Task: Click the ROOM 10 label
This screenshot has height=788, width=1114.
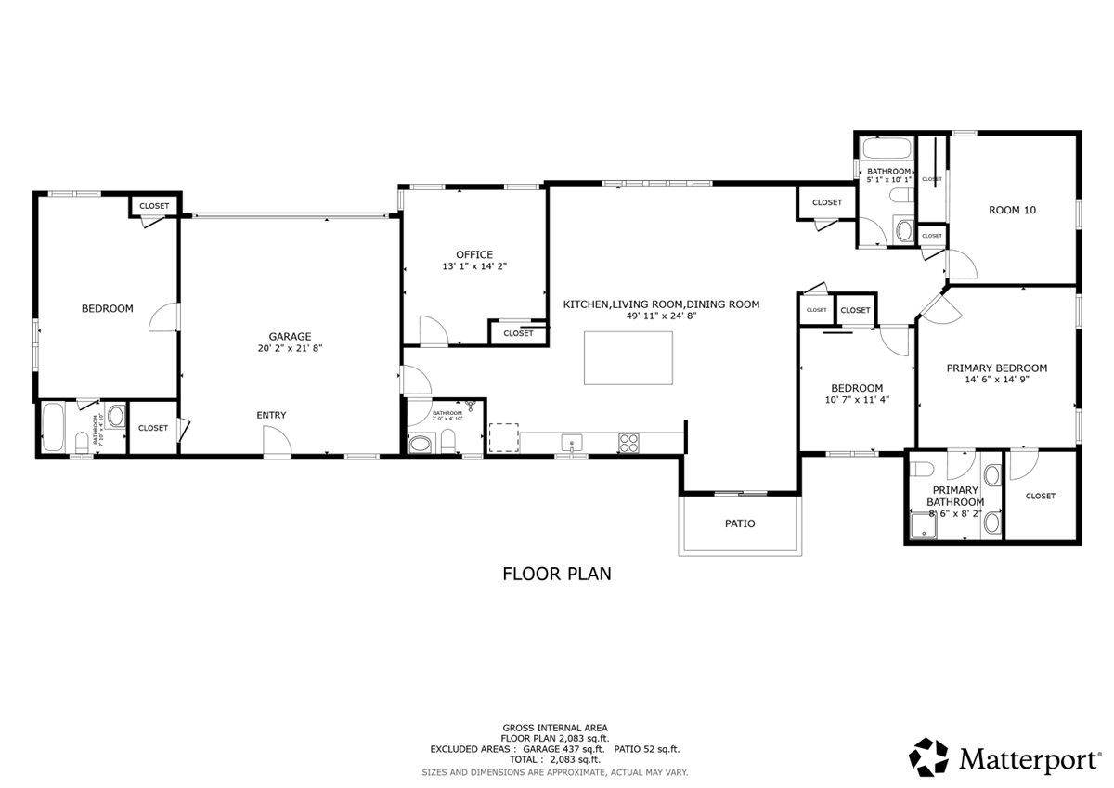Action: [x=1012, y=210]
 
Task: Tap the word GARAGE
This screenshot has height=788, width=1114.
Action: [x=290, y=337]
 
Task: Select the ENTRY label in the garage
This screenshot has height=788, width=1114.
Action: [x=271, y=415]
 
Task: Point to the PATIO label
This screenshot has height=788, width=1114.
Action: [x=740, y=523]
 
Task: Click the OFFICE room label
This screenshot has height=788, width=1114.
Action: [x=473, y=254]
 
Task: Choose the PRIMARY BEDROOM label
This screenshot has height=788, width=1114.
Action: [x=996, y=368]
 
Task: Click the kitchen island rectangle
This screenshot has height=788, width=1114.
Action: [x=628, y=356]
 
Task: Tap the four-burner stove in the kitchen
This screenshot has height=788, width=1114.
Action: [x=628, y=443]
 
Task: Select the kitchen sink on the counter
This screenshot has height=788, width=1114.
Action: [x=572, y=443]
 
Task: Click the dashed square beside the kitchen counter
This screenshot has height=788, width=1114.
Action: [x=502, y=437]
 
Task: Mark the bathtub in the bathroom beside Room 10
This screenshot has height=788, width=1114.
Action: [x=885, y=149]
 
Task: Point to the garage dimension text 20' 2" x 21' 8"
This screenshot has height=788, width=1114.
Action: [x=290, y=349]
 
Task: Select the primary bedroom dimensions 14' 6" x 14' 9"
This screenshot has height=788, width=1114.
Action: [x=996, y=380]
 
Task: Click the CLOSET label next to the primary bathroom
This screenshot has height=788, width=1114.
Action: [x=1040, y=496]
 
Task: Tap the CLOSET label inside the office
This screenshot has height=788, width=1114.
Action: [x=518, y=333]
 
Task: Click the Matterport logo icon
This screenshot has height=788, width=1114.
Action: [x=928, y=757]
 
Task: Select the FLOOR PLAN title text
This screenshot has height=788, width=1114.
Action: [x=557, y=574]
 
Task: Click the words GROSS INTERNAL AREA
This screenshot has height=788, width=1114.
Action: [x=555, y=728]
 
